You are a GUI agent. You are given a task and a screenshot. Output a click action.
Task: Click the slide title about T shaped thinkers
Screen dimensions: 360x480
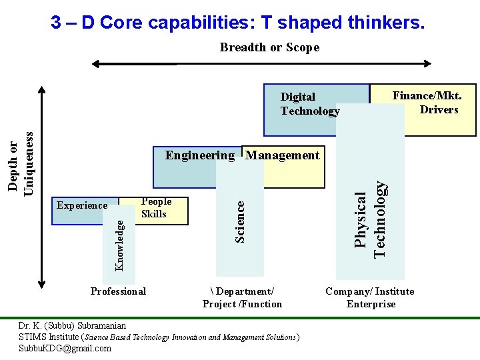point(237,23)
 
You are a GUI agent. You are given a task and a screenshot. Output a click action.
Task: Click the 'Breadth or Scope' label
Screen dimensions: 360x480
point(269,47)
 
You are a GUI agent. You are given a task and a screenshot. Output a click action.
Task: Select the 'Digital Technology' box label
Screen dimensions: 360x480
point(309,104)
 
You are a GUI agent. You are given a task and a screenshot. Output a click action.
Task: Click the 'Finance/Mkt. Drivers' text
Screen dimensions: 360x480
point(427,103)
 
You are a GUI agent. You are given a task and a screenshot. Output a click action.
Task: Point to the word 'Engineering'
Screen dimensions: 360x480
point(200,155)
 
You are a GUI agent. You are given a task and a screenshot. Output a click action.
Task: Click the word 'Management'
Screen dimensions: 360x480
point(283,155)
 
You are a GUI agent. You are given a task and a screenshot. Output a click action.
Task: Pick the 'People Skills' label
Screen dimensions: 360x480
point(156,207)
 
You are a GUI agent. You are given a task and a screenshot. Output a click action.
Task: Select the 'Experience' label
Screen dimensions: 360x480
point(82,205)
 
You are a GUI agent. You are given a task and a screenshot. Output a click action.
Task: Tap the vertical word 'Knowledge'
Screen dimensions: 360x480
point(119,246)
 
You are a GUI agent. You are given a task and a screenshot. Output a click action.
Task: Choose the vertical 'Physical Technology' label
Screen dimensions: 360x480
point(370,219)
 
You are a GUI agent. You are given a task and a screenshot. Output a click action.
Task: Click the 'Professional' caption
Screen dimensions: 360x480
point(118,291)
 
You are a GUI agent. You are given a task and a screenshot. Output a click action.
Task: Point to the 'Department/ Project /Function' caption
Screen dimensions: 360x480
point(242,297)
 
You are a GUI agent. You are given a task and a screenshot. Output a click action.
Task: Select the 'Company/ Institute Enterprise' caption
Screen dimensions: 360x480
point(370,297)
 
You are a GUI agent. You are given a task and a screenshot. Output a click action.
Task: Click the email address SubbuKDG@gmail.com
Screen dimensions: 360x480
point(65,348)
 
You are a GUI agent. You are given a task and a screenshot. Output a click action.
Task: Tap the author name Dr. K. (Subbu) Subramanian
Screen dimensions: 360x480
point(72,326)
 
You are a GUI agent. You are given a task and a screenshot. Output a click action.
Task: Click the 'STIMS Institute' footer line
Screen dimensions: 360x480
point(159,337)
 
